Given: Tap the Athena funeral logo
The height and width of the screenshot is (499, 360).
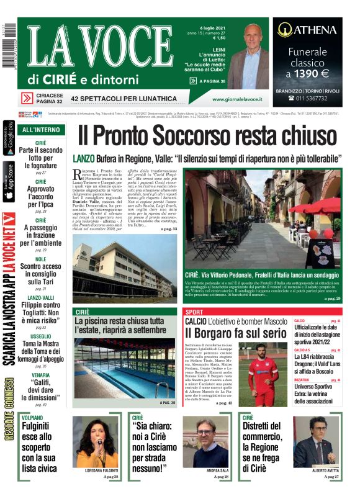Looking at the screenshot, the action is (307, 29).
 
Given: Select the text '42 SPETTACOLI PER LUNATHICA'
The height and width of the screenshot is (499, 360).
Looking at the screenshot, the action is (124, 99).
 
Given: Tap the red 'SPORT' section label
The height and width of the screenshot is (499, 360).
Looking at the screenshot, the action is (194, 311).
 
